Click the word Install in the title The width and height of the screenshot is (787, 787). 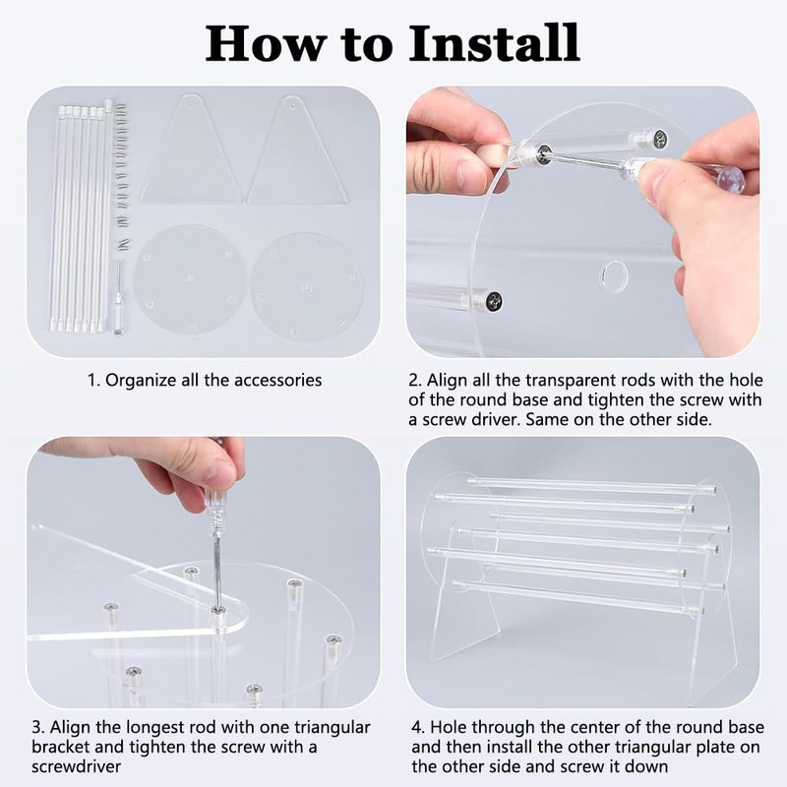(x=495, y=43)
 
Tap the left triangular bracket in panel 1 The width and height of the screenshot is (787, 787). (x=190, y=150)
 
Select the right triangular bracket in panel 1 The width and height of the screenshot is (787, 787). (x=297, y=151)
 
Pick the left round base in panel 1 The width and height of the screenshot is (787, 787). (x=190, y=278)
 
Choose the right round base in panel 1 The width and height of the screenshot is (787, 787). (x=306, y=287)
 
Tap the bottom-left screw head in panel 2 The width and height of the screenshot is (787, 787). (x=495, y=302)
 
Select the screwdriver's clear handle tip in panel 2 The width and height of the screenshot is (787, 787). (x=731, y=176)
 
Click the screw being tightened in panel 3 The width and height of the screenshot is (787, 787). (x=217, y=610)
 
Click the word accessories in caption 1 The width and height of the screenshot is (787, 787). (x=277, y=380)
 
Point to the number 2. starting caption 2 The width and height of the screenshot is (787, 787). (x=415, y=380)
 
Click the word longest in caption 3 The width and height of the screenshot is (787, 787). (x=155, y=728)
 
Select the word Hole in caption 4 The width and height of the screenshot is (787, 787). (x=450, y=727)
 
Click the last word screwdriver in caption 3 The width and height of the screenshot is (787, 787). (x=77, y=766)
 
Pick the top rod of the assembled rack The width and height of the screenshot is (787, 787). (x=592, y=485)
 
